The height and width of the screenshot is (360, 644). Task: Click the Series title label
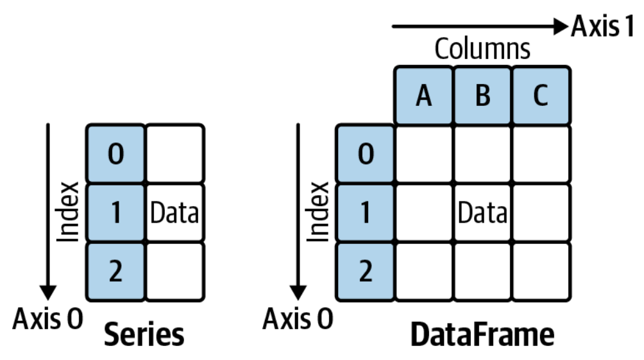coord(144,335)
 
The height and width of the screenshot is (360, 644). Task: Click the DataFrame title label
coord(482,335)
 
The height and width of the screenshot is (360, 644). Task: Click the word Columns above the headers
coord(482,49)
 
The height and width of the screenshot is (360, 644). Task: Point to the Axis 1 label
coord(603,26)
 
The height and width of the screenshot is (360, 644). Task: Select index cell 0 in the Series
coord(115,155)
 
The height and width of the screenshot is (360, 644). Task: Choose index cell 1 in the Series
coord(115,213)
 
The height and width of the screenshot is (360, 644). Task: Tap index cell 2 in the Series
coord(115,271)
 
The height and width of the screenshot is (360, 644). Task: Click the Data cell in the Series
coord(174,213)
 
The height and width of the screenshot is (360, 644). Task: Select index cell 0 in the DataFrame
coord(365,155)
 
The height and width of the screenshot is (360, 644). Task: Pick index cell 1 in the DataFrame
coord(365,213)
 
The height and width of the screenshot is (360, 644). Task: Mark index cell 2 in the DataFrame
coord(365,271)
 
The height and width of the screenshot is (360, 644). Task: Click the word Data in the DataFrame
coord(482,213)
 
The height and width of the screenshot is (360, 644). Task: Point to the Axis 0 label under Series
coord(48,319)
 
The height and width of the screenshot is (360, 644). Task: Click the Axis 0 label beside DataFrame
coord(298,319)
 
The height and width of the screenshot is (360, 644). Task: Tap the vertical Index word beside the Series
coord(68,212)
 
